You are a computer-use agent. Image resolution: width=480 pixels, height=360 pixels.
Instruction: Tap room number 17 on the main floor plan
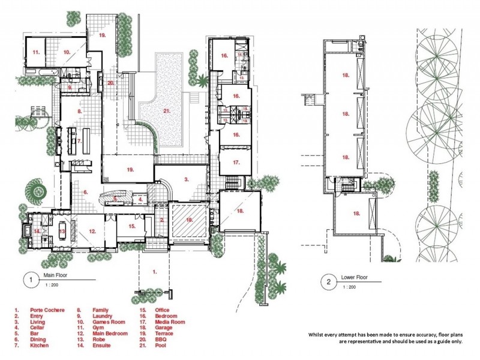tap(236, 162)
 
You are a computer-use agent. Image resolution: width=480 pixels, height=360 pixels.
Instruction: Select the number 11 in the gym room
tap(36, 53)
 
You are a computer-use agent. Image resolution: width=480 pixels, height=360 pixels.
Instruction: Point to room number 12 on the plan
tap(92, 231)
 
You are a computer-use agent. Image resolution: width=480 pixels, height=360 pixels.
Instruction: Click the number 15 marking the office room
tap(132, 226)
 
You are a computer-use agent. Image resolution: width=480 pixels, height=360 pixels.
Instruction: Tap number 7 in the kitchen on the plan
tap(79, 141)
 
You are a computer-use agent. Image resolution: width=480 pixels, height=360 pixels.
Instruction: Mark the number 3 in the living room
tap(187, 179)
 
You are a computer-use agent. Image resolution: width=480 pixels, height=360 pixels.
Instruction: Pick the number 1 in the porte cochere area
tap(154, 271)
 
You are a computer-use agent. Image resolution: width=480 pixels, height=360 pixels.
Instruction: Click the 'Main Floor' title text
tap(55, 276)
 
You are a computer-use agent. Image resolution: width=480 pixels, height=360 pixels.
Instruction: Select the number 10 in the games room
tap(67, 53)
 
